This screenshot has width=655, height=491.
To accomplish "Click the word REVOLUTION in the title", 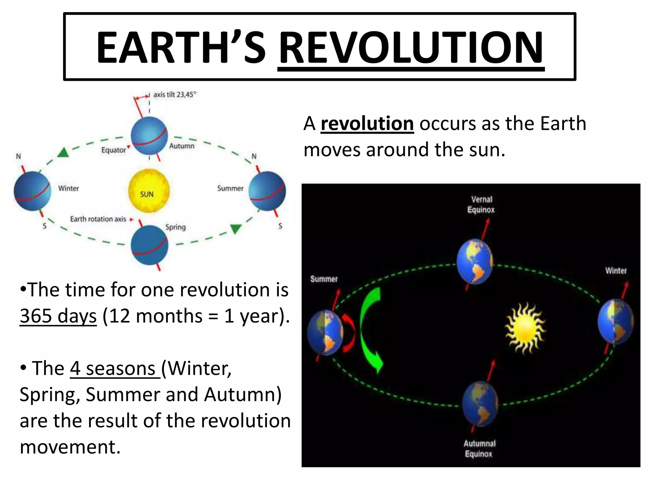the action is pos(411,48).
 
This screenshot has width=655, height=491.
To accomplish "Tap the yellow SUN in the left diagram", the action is pos(149,191).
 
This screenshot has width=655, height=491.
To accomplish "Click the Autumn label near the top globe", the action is pos(182,146).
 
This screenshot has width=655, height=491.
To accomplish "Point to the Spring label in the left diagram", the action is pos(175,227).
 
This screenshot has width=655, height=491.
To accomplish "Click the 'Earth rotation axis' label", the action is pos(98,219).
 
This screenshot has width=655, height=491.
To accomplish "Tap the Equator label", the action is pos(113,150).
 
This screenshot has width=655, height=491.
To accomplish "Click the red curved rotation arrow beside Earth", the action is pos(349,332).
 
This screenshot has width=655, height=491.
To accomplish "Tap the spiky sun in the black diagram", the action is pos(525,329).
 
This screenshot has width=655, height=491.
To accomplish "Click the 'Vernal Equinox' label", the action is pos(481,205).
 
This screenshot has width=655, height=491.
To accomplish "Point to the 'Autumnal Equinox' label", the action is pos(479,448).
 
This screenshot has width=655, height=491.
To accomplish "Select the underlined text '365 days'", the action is pos(58,316).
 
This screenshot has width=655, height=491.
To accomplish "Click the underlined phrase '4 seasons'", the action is pos(114,368).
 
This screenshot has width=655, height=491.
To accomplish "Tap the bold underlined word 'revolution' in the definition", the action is pos(367,124).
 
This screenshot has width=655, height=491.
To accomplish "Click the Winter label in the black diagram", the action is pos(616,271).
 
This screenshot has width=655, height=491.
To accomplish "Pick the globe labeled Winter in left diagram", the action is pos(32,191).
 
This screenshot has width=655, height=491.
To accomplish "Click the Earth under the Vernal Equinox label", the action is pos(475,261).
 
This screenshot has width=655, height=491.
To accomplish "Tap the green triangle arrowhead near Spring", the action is pos(236,229).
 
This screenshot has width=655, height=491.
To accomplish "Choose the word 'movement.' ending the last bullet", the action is pos(70,447).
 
